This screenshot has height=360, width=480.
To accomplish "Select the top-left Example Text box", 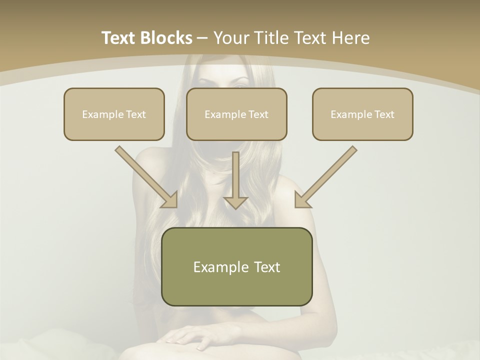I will (114, 114).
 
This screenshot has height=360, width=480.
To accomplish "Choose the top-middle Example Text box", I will (236, 114).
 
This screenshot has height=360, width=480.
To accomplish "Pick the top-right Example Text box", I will (362, 114).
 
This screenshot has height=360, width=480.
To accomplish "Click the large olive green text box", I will (236, 266).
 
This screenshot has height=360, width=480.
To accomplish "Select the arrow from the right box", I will (327, 175).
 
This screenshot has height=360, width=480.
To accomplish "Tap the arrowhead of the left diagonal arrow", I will (170, 199).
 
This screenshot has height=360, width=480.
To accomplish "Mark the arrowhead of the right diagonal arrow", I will (302, 199).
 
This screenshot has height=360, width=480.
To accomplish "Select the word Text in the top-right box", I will (384, 114).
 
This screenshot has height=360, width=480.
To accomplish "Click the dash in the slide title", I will (202, 38).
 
